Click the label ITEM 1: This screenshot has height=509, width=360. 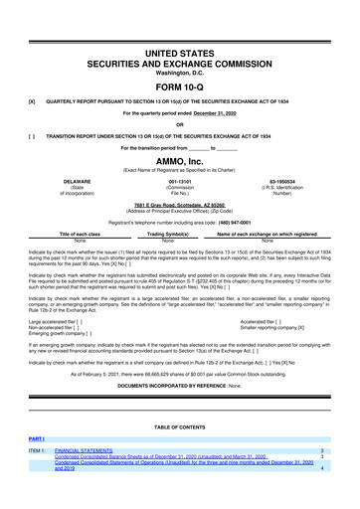click(40, 450)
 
